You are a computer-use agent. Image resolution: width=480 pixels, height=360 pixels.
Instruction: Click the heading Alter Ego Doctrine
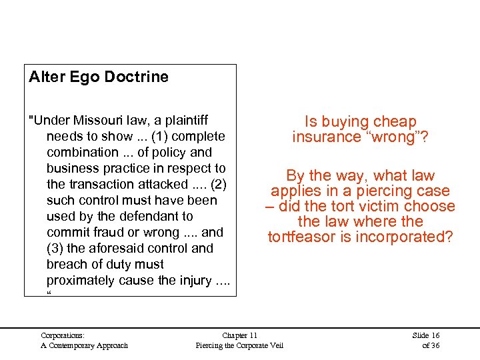pyautogui.click(x=99, y=77)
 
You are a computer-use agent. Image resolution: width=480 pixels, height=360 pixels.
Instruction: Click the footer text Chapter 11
pyautogui.click(x=239, y=335)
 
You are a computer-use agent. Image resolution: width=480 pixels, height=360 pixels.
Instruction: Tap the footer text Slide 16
pyautogui.click(x=425, y=335)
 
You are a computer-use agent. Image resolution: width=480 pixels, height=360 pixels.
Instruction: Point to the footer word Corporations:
pyautogui.click(x=63, y=335)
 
